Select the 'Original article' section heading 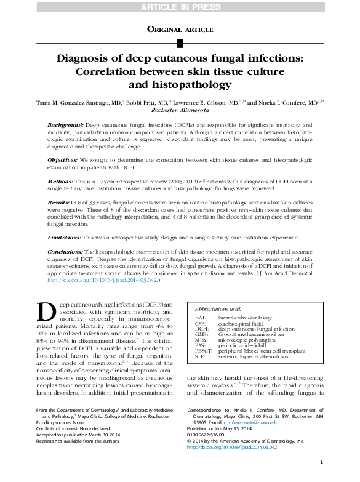pos(180,29)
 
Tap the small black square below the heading pos(180,42)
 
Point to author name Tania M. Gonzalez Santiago pos(81,103)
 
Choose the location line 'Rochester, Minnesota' pos(180,110)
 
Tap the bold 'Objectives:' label pos(63,160)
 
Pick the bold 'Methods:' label pos(61,182)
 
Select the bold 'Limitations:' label pos(64,238)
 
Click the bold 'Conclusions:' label pos(65,252)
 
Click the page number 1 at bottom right pos(321,462)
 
